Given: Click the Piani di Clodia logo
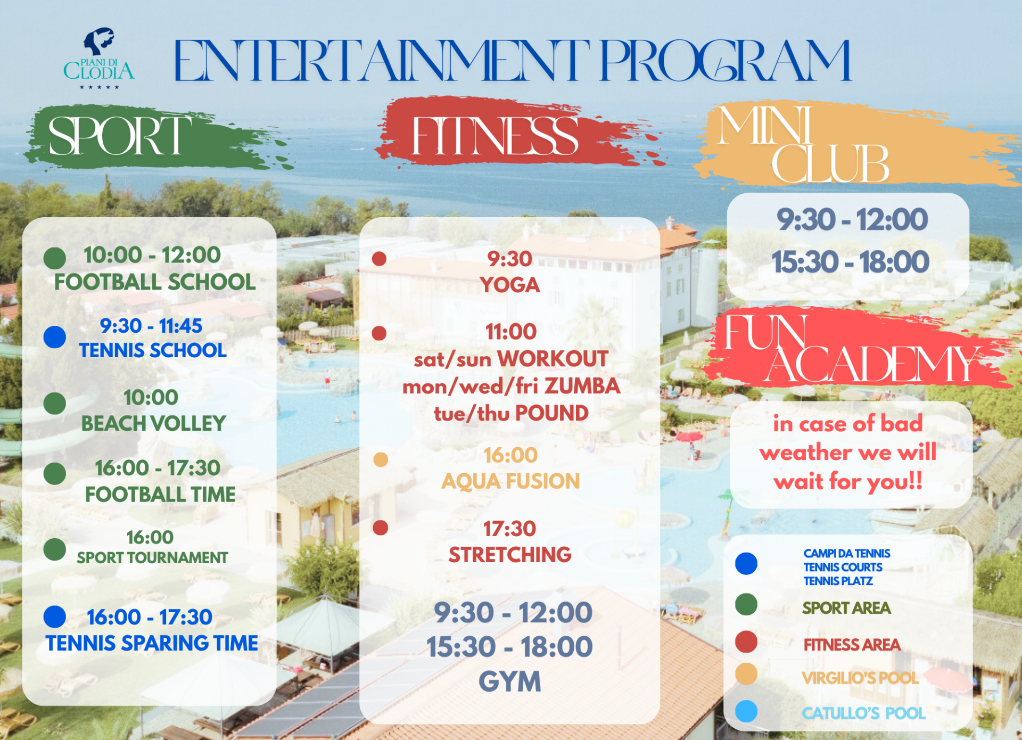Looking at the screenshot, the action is tap(99, 58).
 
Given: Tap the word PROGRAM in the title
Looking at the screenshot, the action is tap(726, 61).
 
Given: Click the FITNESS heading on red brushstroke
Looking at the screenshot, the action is tap(495, 136).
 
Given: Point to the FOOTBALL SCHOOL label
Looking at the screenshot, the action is tap(155, 282).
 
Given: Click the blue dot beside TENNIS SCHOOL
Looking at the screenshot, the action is tap(55, 337).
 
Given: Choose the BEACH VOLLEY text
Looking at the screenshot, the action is tap(153, 423).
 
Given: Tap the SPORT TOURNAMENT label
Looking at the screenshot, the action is tap(152, 557).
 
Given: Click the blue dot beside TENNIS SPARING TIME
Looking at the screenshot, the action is tap(55, 617).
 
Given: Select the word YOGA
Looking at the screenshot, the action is tap(510, 285).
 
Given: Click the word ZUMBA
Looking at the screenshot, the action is tap(582, 386).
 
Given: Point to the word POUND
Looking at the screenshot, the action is tap(552, 413).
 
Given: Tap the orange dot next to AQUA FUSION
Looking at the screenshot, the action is tap(381, 459).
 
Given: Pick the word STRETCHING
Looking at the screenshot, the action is tap(510, 555).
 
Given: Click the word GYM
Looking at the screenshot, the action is tap(510, 681).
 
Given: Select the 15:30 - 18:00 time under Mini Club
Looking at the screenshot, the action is tap(851, 262).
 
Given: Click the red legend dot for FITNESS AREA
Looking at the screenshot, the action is tap(746, 642).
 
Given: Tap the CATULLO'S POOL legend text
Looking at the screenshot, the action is tap(864, 713).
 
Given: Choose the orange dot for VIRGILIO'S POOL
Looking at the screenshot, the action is tap(746, 674).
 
